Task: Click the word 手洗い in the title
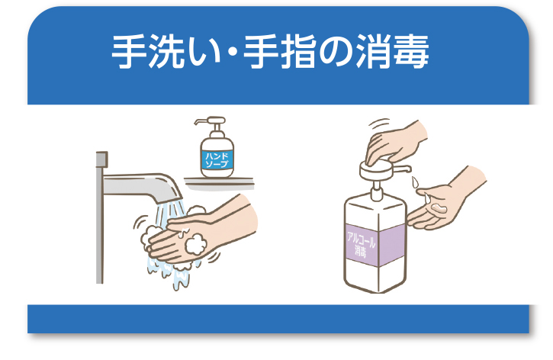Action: pyautogui.click(x=159, y=53)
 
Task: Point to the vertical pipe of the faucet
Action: pyautogui.click(x=100, y=229)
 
